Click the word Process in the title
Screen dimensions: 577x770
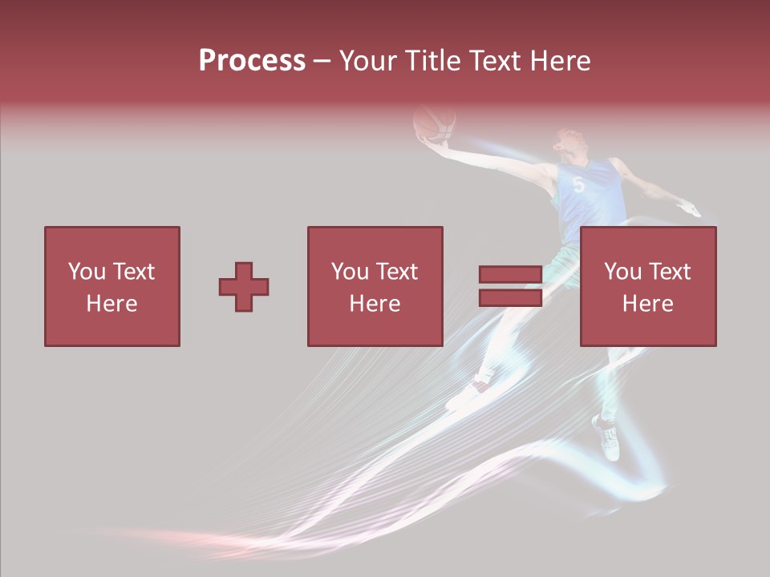[252, 60]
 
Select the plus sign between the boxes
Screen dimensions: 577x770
[244, 287]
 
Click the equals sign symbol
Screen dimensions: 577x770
[510, 286]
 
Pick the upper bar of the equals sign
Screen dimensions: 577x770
[510, 275]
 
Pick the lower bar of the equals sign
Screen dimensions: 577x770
[510, 298]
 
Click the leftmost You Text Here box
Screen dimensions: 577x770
[111, 286]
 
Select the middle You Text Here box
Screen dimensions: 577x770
[375, 286]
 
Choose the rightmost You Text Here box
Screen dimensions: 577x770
[647, 286]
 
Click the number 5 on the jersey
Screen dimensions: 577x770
[578, 184]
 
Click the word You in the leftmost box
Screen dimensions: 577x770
[86, 272]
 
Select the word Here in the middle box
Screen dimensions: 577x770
[375, 303]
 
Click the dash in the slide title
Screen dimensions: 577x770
[322, 61]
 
